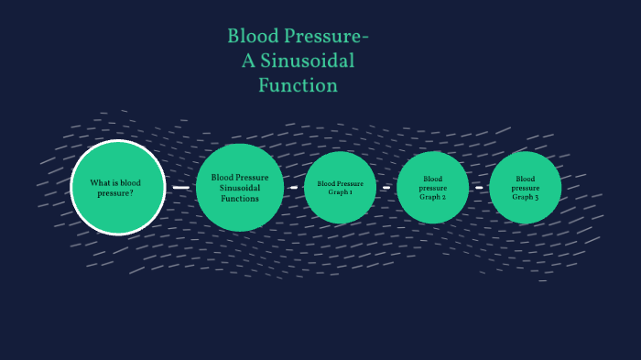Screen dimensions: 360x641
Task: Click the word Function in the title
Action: (298, 85)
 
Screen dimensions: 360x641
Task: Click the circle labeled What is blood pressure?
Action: (118, 188)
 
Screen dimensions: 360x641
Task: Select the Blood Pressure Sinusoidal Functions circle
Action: (239, 187)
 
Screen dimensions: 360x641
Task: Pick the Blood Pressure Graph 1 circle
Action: (341, 187)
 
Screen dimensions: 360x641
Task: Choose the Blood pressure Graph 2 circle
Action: (433, 188)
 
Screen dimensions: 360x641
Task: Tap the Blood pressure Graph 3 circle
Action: (526, 188)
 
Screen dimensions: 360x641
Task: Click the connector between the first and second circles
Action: (180, 187)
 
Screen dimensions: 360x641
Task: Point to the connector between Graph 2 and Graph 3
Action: (479, 188)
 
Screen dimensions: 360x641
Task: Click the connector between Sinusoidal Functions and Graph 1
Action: (293, 187)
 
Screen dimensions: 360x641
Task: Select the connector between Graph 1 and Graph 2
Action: (386, 188)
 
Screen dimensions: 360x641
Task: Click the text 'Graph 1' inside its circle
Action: (341, 191)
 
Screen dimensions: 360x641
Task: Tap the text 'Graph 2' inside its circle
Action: (433, 197)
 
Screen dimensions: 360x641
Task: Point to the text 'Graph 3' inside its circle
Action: (526, 197)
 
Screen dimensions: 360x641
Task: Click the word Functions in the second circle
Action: (240, 198)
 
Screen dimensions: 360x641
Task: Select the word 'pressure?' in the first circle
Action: (115, 193)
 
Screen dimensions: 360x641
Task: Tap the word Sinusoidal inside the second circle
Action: (240, 188)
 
